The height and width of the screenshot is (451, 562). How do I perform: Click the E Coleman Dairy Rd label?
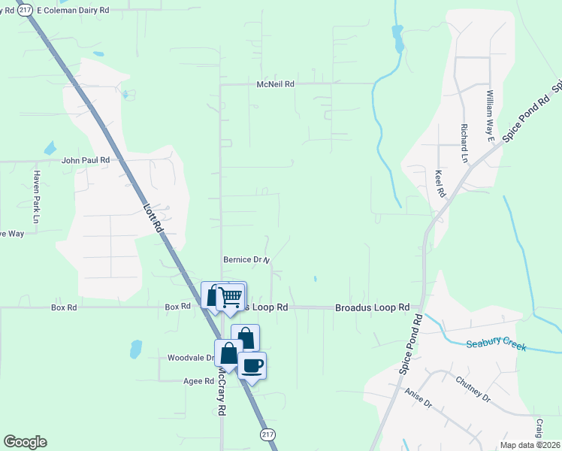(x=72, y=11)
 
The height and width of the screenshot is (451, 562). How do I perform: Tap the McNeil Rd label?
(x=275, y=84)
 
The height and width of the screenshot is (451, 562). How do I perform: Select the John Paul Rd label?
(x=86, y=160)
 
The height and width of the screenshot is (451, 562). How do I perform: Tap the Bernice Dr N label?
(x=246, y=260)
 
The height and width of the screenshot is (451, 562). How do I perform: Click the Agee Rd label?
(x=199, y=381)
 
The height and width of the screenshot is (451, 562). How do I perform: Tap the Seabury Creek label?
(x=496, y=345)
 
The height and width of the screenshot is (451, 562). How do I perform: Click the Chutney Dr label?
(x=472, y=388)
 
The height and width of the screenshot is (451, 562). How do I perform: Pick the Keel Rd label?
(x=440, y=183)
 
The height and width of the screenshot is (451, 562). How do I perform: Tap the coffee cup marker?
(x=252, y=366)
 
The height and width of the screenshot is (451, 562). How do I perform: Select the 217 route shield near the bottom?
(x=268, y=435)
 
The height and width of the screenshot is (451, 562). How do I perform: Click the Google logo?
(x=25, y=442)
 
